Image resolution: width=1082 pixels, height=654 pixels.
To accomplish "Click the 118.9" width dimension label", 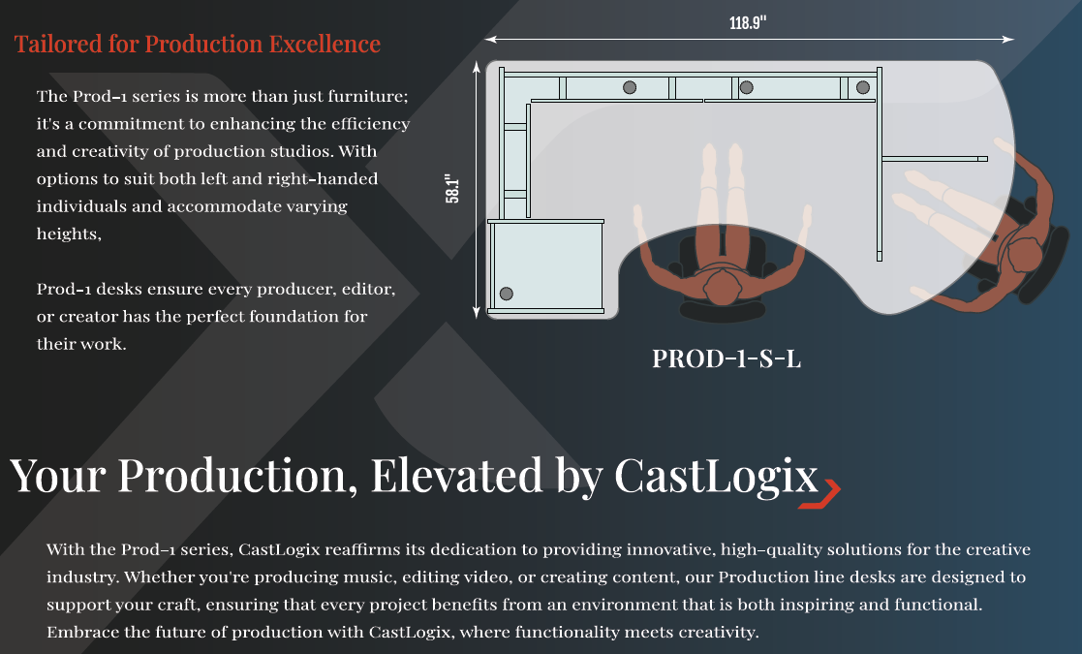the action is coord(747,22).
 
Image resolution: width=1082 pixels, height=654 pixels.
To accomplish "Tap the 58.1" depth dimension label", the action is coord(452,188).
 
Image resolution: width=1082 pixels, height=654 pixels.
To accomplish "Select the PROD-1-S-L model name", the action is coord(726,358).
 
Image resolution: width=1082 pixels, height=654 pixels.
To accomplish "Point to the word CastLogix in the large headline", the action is coord(716,476).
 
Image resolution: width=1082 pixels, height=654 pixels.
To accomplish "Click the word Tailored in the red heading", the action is coord(58,45).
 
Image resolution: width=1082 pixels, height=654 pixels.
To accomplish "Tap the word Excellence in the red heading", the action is coord(325,45).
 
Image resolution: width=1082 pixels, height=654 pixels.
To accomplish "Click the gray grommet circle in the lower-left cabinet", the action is coord(506,294).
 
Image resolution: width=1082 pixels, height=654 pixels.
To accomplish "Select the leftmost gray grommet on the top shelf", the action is coord(630,87).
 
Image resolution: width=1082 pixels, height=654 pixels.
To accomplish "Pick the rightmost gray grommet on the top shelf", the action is coord(862,87).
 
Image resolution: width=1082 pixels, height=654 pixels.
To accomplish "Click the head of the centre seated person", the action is coord(722,286).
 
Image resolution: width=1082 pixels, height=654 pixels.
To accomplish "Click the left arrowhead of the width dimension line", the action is coord(490,40).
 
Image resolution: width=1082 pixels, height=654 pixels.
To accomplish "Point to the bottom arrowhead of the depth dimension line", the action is coord(477,313).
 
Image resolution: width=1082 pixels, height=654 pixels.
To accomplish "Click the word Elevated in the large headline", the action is coord(457,476).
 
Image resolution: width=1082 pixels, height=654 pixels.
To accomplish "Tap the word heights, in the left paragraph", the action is coord(69,234).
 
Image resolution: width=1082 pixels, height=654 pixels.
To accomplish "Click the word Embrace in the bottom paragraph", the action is coord(77,632).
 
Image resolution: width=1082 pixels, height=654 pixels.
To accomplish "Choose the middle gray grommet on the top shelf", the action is coord(746,87).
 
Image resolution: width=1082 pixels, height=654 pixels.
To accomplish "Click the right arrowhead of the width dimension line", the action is coord(1008,40).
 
